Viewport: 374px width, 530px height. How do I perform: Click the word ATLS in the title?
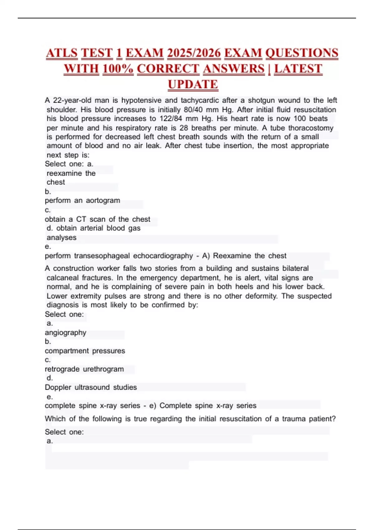coord(62,53)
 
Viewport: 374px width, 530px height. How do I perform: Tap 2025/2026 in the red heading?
coord(194,53)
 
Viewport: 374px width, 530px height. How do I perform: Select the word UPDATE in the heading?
coord(193,84)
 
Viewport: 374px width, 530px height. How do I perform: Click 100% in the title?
coord(118,69)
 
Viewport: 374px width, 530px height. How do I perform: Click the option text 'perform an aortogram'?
coord(82,200)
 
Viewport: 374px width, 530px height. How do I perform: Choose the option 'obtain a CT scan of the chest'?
coord(97,219)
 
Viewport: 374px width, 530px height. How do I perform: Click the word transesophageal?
coord(102,256)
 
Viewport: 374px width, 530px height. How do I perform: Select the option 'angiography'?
coord(65,333)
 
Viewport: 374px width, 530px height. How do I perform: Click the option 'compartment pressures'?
coord(85,351)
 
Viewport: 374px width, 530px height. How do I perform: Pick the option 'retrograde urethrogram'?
coord(84,369)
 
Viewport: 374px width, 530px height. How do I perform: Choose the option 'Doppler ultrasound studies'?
coord(91,387)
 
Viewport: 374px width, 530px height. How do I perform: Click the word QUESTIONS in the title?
coord(302,53)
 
